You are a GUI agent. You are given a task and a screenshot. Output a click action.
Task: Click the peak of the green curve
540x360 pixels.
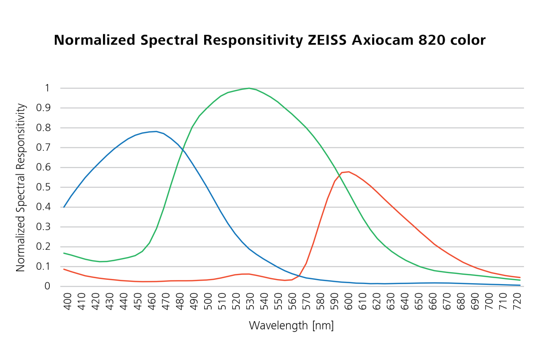click(x=249, y=88)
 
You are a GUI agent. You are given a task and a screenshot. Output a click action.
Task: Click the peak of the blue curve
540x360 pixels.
click(x=156, y=131)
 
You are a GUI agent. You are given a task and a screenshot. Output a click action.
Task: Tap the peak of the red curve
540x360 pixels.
click(x=348, y=172)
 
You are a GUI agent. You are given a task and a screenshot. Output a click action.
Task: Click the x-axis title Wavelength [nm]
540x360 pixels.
click(x=291, y=325)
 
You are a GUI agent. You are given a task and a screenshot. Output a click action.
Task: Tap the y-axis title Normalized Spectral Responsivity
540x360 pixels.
click(x=21, y=187)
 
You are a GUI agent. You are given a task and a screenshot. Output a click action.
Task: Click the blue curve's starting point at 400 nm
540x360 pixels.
click(x=64, y=207)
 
